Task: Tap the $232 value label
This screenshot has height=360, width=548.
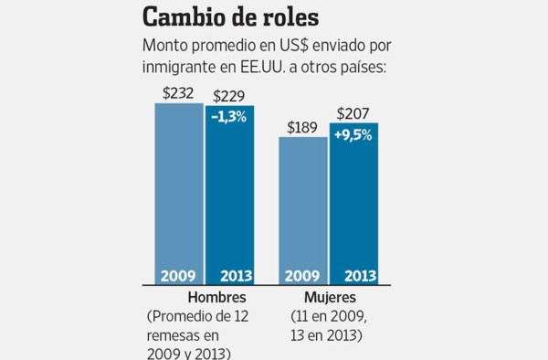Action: tap(178, 93)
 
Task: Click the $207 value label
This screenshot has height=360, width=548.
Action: tap(354, 114)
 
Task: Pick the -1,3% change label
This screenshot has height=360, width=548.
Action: tap(228, 117)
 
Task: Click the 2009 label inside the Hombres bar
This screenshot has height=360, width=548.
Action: tap(178, 276)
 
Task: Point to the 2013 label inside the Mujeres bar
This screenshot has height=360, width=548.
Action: tap(353, 276)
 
